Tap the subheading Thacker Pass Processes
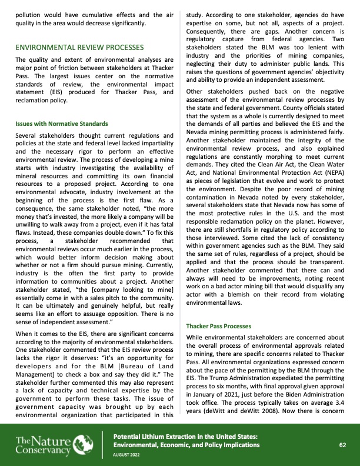(219, 325)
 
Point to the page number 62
(342, 445)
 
